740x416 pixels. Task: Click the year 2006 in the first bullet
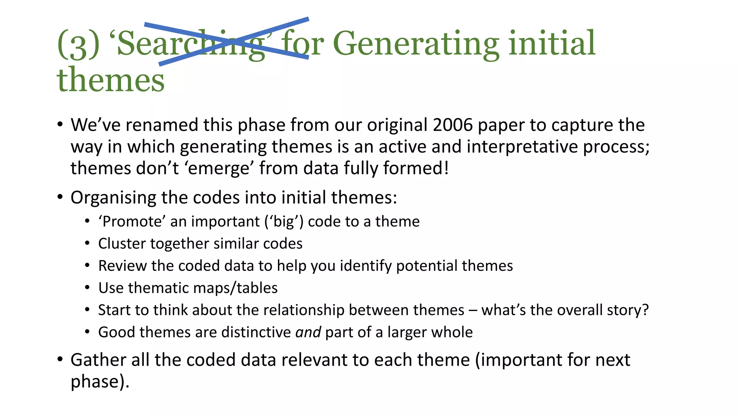click(453, 125)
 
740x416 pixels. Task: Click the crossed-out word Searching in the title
click(190, 44)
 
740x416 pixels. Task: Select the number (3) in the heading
click(78, 44)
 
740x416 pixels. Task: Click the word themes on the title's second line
click(111, 80)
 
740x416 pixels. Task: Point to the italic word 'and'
click(308, 332)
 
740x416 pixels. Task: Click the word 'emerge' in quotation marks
click(219, 168)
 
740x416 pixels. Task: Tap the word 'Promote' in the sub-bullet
click(132, 221)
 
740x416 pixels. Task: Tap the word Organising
click(113, 198)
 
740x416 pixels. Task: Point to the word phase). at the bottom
click(100, 382)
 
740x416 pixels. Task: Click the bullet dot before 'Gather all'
click(60, 360)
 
